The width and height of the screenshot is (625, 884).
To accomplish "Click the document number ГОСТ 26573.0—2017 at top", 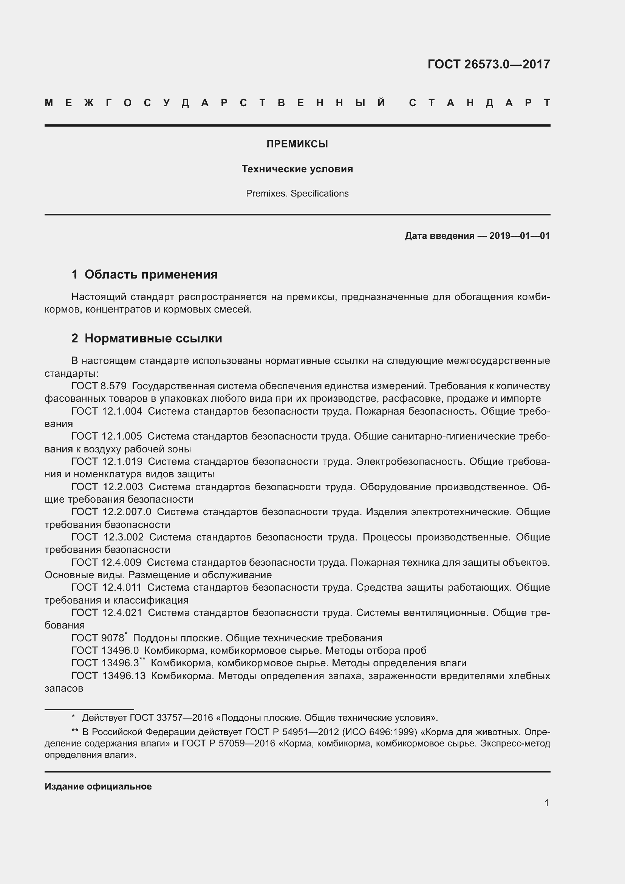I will pos(488,64).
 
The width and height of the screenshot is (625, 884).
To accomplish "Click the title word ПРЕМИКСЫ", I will pos(297,144).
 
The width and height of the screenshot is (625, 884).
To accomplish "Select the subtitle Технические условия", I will pos(297,169).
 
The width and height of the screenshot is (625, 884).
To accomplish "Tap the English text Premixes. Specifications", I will pos(297,193).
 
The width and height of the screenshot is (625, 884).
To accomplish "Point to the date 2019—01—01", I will pos(519,235).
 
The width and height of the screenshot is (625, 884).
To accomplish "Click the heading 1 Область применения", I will pos(144,274).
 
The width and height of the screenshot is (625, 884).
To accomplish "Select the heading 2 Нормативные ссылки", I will pos(147,338).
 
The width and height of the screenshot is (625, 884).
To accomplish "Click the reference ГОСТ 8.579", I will pos(99,386).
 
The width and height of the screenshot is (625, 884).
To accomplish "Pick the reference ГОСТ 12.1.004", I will pos(107,411).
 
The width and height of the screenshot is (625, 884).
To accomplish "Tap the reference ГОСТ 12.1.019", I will pos(107,461).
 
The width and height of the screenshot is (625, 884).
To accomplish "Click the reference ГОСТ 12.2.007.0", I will pos(111,512).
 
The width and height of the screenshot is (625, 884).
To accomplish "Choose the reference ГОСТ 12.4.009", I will pos(106,562).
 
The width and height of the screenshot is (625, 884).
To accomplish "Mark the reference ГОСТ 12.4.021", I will pos(107,613).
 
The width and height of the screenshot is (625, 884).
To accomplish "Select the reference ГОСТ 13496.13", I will pos(108,676).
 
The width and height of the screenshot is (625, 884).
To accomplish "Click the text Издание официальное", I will pos(98,786).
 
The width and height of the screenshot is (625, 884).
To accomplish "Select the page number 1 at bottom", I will pos(546,803).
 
